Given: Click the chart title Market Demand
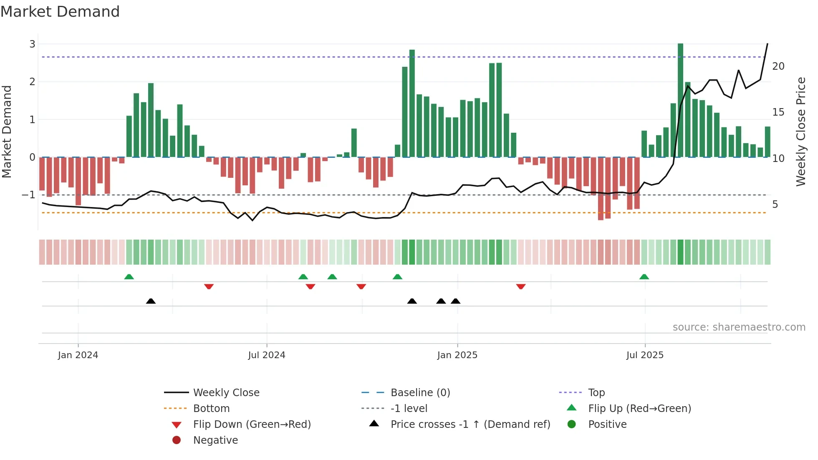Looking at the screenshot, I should click(60, 12).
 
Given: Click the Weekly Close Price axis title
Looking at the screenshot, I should click(800, 131).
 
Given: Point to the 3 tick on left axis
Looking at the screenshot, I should click(32, 44).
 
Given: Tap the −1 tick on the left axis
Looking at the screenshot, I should click(28, 195).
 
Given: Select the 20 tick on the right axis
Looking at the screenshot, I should click(778, 66).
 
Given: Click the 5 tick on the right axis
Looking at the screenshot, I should click(775, 204).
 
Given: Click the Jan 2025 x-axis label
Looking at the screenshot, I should click(457, 355).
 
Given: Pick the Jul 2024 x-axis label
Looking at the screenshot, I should click(266, 355).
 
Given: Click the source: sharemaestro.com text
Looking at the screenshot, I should click(739, 327).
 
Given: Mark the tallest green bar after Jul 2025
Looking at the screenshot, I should click(680, 100).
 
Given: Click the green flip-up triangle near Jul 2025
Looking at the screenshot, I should click(644, 277).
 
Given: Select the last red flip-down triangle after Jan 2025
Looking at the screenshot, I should click(520, 286).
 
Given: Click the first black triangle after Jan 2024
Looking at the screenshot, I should click(151, 301).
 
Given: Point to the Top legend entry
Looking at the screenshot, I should click(596, 392).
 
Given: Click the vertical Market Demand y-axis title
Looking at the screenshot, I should click(7, 131).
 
